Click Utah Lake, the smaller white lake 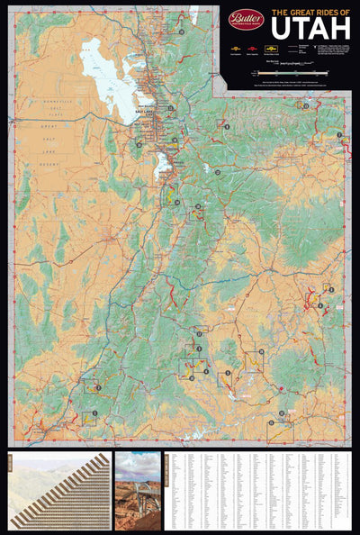tap(163, 167)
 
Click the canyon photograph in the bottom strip tap(137, 491)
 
